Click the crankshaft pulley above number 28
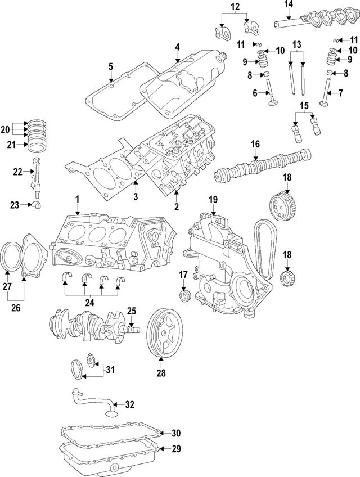[x=163, y=335]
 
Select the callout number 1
[x=78, y=199]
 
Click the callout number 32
[x=130, y=404]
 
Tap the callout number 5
[x=111, y=66]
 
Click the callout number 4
[x=177, y=47]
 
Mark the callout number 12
[x=235, y=7]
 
